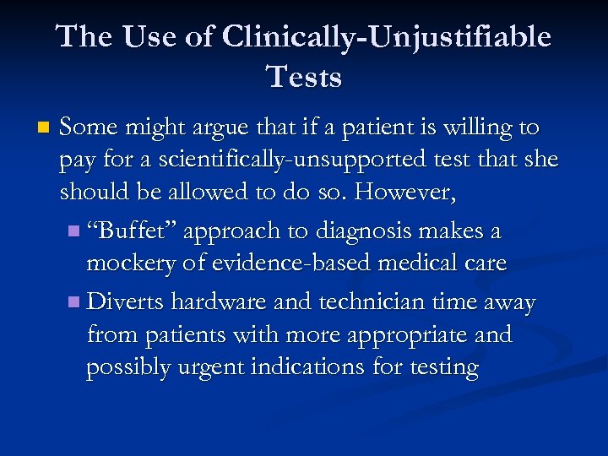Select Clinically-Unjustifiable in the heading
click(x=385, y=36)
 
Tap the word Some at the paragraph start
click(x=90, y=128)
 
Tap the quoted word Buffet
click(x=132, y=231)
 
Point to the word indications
click(x=320, y=367)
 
